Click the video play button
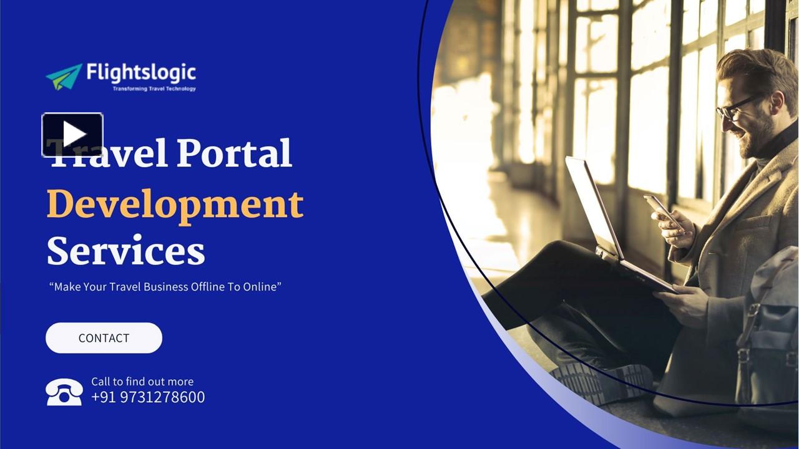pyautogui.click(x=72, y=135)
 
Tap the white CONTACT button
pyautogui.click(x=104, y=338)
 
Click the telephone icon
pyautogui.click(x=64, y=392)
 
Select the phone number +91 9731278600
pyautogui.click(x=148, y=397)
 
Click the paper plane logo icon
pyautogui.click(x=64, y=76)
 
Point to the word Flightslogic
pyautogui.click(x=141, y=73)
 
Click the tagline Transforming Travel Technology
pyautogui.click(x=154, y=89)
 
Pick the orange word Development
pyautogui.click(x=175, y=205)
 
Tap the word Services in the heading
pyautogui.click(x=125, y=251)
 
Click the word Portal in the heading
pyautogui.click(x=234, y=153)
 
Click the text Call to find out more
pyautogui.click(x=142, y=382)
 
